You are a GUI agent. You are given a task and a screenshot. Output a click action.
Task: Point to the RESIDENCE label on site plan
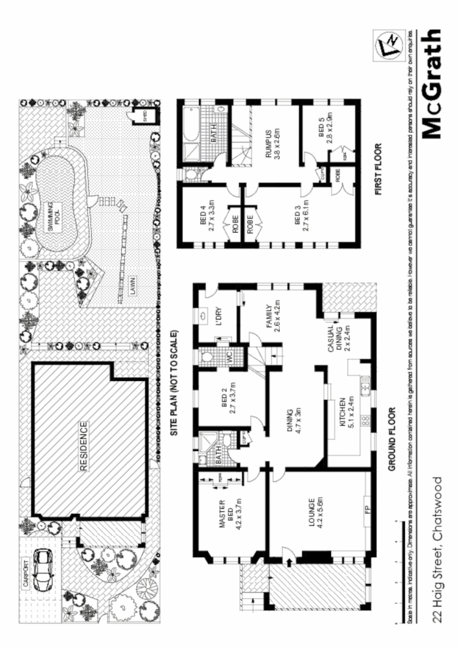[84, 446]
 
